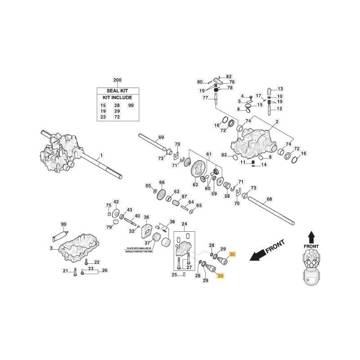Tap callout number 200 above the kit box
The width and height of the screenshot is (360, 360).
click(117, 81)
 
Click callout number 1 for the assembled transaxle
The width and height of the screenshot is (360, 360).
click(102, 155)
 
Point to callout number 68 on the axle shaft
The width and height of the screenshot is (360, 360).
click(270, 199)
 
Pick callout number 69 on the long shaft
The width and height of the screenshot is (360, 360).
click(161, 137)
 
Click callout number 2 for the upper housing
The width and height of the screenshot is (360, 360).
click(277, 122)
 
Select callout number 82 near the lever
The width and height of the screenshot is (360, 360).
click(229, 76)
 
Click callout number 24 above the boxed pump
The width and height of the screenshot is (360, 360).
click(184, 224)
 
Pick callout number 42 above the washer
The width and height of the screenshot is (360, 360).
click(116, 202)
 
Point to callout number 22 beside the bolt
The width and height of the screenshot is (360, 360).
click(96, 262)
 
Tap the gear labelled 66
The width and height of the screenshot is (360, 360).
click(162, 191)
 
